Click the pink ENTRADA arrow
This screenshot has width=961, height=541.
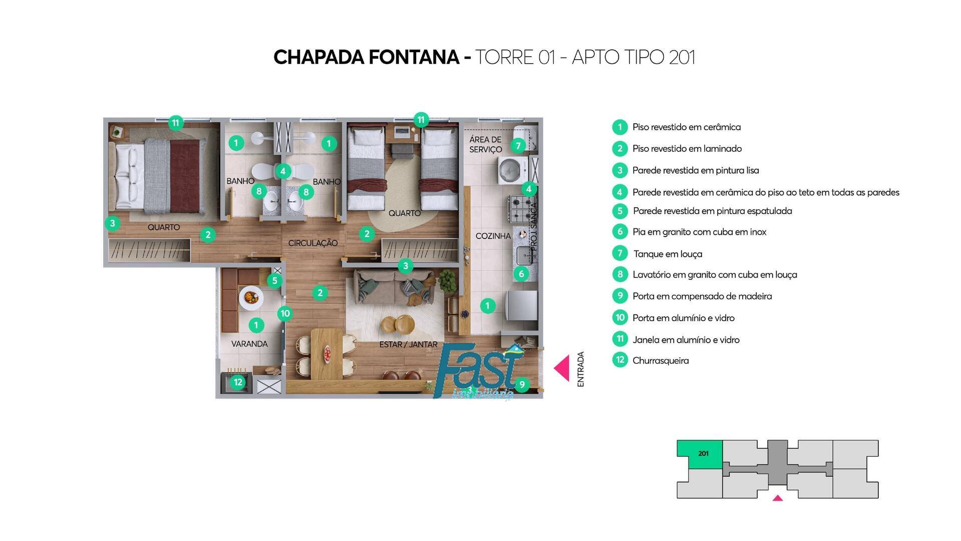click(562, 368)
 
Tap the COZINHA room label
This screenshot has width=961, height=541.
click(493, 236)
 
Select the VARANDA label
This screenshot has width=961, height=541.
click(249, 344)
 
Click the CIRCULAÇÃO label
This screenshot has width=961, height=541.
click(312, 243)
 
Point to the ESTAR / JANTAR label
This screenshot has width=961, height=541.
click(408, 345)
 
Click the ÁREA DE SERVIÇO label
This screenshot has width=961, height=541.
click(485, 144)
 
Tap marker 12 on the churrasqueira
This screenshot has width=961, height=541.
click(238, 382)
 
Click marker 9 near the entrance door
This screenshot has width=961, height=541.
click(522, 384)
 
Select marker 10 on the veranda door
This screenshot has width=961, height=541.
click(285, 314)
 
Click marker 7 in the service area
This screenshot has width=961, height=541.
click(518, 146)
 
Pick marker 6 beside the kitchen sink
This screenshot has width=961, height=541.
click(521, 274)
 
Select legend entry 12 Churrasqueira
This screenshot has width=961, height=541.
click(660, 361)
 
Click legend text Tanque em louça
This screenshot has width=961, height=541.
click(668, 254)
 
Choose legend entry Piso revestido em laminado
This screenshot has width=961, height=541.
click(687, 149)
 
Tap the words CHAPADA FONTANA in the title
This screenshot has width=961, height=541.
click(366, 58)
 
